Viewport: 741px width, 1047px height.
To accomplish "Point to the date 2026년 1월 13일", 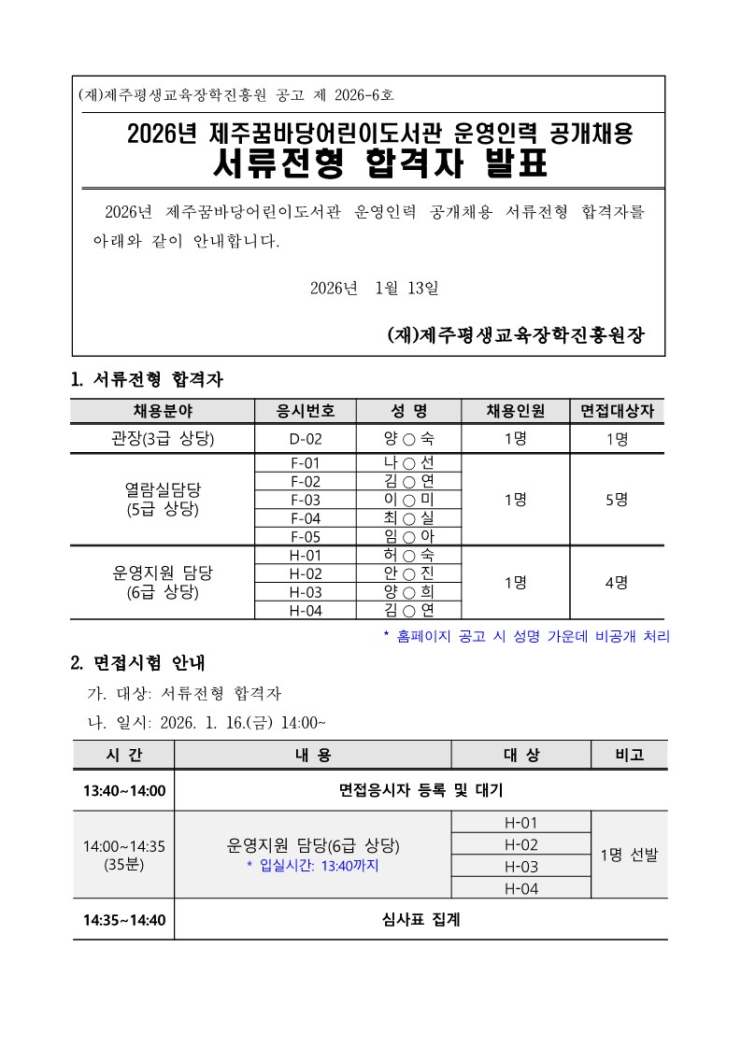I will click(374, 288).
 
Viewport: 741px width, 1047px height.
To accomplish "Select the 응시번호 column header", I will click(306, 411).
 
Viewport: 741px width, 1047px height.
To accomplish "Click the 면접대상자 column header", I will click(617, 411).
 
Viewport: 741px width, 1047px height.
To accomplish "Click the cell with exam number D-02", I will click(306, 438).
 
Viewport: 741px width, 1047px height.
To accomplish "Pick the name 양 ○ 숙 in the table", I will click(409, 438).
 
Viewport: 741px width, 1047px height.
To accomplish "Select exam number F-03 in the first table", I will click(306, 500).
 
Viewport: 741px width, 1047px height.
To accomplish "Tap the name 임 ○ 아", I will click(409, 536).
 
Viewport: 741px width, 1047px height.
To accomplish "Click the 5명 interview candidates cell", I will click(617, 500).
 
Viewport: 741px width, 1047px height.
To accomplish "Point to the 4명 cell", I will click(617, 582).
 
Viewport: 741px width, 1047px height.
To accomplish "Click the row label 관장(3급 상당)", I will click(163, 438).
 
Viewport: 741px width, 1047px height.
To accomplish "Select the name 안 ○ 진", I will click(409, 573).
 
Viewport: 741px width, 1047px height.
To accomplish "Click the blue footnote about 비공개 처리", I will click(527, 636).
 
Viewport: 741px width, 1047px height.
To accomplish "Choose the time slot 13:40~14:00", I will click(123, 791).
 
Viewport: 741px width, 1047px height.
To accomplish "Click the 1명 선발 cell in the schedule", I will click(629, 855).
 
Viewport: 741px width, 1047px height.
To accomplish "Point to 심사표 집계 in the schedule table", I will click(420, 920).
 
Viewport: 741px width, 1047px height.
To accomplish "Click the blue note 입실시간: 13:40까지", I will click(313, 866).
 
